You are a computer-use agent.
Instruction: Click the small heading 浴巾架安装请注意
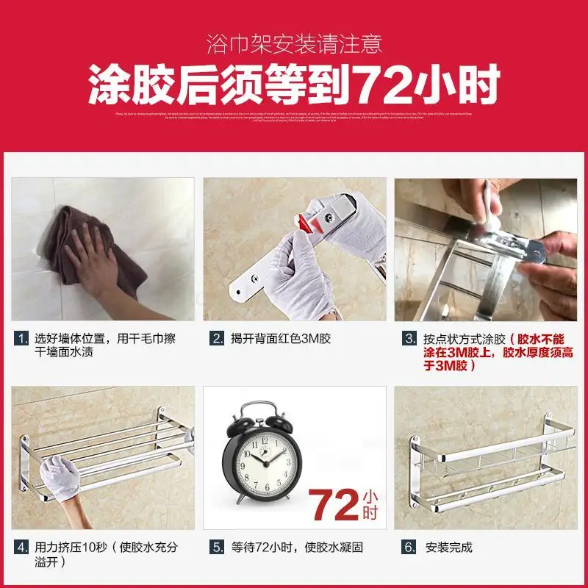[x=294, y=44]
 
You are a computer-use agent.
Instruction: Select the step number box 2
[x=218, y=339]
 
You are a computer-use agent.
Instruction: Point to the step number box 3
[x=409, y=339]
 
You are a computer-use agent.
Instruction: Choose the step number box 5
[x=218, y=548]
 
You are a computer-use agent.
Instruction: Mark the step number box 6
[x=409, y=548]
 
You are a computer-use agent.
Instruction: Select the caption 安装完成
[x=448, y=548]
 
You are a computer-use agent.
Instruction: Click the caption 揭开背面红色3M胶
[x=281, y=339]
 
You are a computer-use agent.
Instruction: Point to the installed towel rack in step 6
[x=485, y=463]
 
